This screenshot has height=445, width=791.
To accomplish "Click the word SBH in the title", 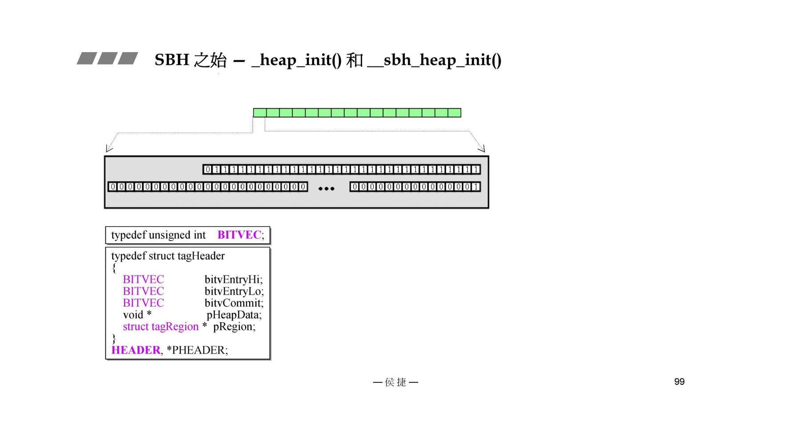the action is [x=172, y=60].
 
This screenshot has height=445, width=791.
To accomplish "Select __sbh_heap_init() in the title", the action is [x=435, y=60].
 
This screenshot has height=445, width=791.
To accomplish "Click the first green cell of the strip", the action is [x=260, y=113].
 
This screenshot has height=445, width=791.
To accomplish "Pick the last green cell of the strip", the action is [x=454, y=113].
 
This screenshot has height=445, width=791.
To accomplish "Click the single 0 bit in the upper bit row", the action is [x=208, y=170].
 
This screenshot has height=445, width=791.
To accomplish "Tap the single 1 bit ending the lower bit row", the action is [x=476, y=187].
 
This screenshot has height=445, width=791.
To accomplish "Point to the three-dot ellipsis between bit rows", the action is [x=326, y=189].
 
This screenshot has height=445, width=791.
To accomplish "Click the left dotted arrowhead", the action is [x=109, y=149].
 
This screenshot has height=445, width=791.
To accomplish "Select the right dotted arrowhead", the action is [x=482, y=149].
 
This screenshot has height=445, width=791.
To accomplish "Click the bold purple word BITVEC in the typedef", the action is [x=239, y=235].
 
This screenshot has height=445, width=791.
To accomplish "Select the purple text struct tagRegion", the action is [x=161, y=327].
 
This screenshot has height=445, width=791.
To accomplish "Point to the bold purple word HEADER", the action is [x=136, y=350].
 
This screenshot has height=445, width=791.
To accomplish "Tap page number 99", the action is [x=679, y=382].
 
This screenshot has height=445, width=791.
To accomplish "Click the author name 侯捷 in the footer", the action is [x=395, y=382].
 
